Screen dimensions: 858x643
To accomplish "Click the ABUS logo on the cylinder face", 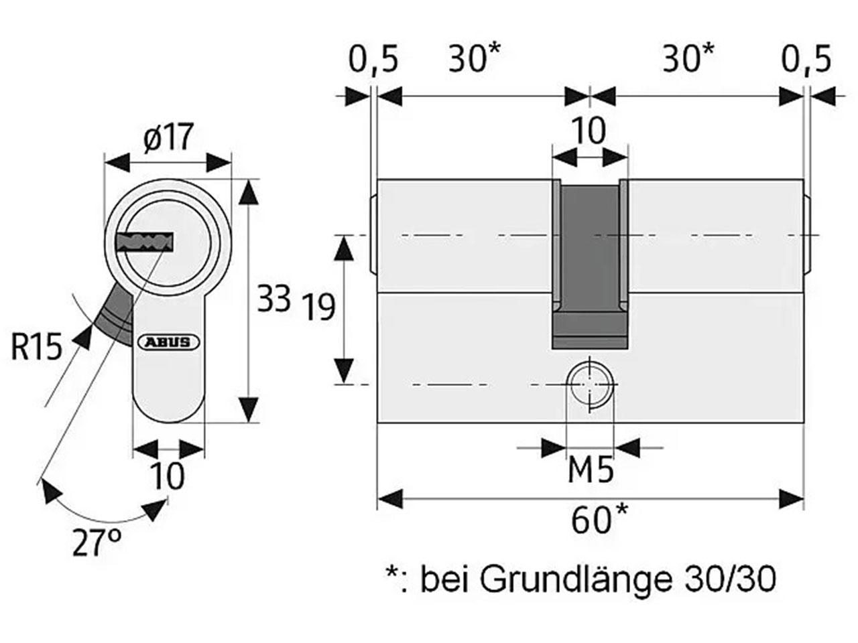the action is [x=168, y=342].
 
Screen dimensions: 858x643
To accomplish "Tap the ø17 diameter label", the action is [x=168, y=137].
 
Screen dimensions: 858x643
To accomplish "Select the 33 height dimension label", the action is [x=273, y=298].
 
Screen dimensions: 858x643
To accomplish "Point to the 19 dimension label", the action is [x=319, y=307].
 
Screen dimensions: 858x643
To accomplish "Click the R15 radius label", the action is [x=37, y=347].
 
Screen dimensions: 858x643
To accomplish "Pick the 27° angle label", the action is [x=97, y=542].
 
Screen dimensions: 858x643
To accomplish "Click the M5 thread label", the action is [x=591, y=471].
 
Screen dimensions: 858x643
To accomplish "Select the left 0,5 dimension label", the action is [x=373, y=60].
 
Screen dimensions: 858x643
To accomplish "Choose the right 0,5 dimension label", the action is [x=806, y=60].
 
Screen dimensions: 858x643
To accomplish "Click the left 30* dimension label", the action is [x=474, y=58].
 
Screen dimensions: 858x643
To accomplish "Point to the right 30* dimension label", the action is [x=688, y=58].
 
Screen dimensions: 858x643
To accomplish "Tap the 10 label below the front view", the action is [x=168, y=476].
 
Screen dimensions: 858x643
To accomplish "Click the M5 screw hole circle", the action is [x=589, y=384].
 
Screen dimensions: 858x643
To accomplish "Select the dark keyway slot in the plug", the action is [x=144, y=243].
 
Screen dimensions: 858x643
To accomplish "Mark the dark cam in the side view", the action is [x=591, y=265].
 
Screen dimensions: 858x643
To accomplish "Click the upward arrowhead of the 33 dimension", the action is [x=249, y=193].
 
